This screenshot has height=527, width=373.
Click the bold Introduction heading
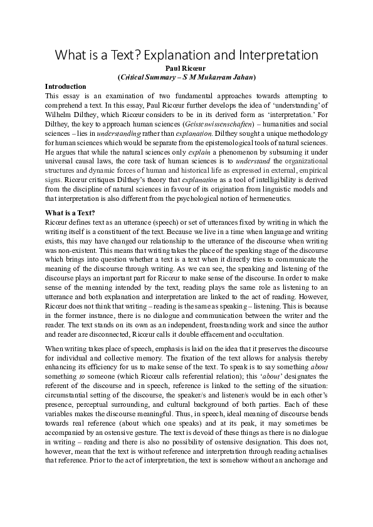point(66,86)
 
